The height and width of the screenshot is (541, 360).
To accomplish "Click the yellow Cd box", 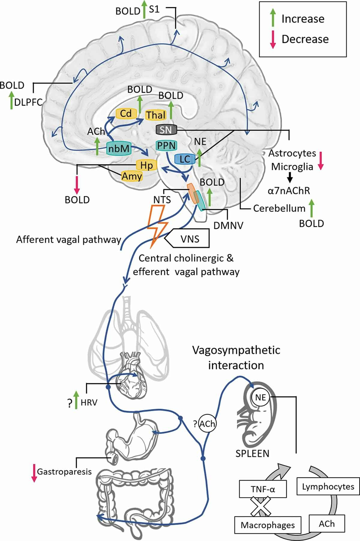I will click(126, 113).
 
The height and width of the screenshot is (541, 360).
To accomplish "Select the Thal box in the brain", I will click(156, 115).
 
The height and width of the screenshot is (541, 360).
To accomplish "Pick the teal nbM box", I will click(118, 148).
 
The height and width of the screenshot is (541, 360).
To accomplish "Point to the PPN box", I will click(166, 146).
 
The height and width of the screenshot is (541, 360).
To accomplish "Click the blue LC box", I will click(185, 159).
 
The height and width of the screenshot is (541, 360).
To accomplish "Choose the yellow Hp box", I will click(146, 165).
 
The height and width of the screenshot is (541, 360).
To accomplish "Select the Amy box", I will click(132, 176).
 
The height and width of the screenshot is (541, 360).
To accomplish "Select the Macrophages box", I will click(268, 525).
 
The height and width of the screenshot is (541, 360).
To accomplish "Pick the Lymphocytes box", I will click(328, 486).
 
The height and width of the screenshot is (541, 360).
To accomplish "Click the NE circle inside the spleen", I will click(260, 397).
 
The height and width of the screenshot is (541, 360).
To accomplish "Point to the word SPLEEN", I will click(252, 453).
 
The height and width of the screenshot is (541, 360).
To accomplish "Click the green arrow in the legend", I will click(273, 18).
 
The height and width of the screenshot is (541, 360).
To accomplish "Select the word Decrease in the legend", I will click(305, 39).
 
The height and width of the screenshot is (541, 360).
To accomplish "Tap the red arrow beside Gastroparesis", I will click(34, 473).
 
